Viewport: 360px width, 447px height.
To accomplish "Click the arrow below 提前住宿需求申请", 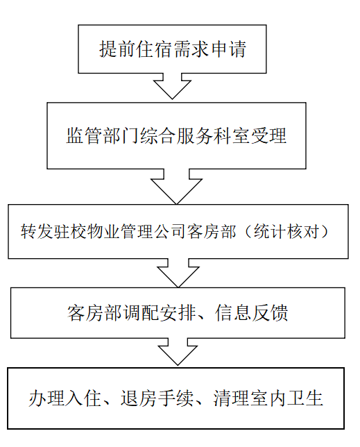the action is (172, 86).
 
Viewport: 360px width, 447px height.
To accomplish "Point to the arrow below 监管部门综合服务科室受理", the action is (176, 187).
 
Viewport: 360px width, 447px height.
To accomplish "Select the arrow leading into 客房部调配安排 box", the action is (178, 273).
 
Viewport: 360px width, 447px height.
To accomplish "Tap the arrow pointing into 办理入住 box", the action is (178, 352).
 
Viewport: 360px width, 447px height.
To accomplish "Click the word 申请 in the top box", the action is (228, 49).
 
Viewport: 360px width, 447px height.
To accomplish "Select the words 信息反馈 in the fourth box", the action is (252, 313).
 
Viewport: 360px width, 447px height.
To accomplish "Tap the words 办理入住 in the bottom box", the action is (65, 398).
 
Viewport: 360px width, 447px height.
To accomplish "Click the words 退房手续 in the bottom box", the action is (157, 398).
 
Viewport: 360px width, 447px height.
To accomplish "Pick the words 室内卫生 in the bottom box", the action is (286, 398).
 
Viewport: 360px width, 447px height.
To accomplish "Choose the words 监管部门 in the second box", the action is (103, 136).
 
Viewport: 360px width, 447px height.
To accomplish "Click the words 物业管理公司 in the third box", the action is (137, 231).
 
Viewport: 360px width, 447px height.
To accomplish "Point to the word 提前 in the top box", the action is (117, 49).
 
